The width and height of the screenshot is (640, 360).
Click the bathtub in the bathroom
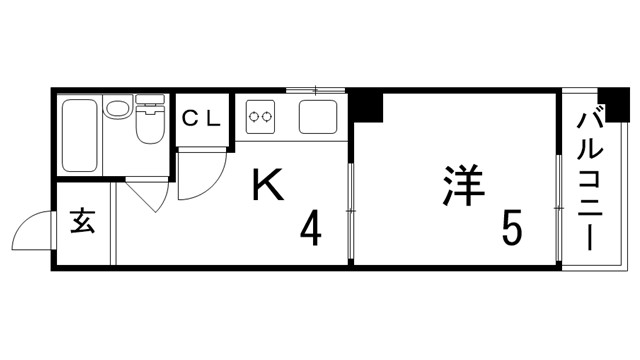[x=78, y=135]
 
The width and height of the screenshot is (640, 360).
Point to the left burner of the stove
[x=254, y=117]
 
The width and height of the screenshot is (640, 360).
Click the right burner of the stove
[x=268, y=117]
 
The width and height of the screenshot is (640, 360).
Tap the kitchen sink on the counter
[x=319, y=118]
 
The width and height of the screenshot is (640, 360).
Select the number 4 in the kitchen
[x=311, y=232]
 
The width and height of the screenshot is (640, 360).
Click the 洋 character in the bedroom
[x=461, y=187]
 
